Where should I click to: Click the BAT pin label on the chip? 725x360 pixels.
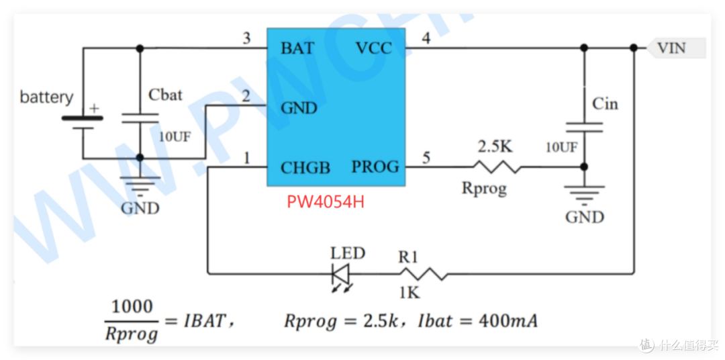tap(298, 48)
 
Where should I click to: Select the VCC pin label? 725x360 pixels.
tap(374, 48)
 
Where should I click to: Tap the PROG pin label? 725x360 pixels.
tap(375, 167)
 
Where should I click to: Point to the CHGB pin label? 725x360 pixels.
tap(305, 167)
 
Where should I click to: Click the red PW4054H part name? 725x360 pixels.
tap(326, 202)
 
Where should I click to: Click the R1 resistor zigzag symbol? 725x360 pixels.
tap(424, 273)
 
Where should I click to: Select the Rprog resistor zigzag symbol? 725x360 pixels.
tap(496, 167)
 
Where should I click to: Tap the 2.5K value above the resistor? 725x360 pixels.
tap(495, 148)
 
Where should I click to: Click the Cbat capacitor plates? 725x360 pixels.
tap(140, 118)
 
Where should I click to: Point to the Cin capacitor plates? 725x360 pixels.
tap(585, 127)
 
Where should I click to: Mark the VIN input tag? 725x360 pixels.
tap(676, 48)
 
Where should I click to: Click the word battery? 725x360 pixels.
tap(46, 98)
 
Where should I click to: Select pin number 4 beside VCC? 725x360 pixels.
tap(426, 39)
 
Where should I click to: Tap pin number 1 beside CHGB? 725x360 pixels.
tap(247, 159)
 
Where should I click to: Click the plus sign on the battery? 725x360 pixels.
tap(95, 109)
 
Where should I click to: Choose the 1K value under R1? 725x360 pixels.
tap(409, 292)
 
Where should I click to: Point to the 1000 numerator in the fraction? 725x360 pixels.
tap(132, 306)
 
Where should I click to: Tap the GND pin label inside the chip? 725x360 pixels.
tap(299, 108)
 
